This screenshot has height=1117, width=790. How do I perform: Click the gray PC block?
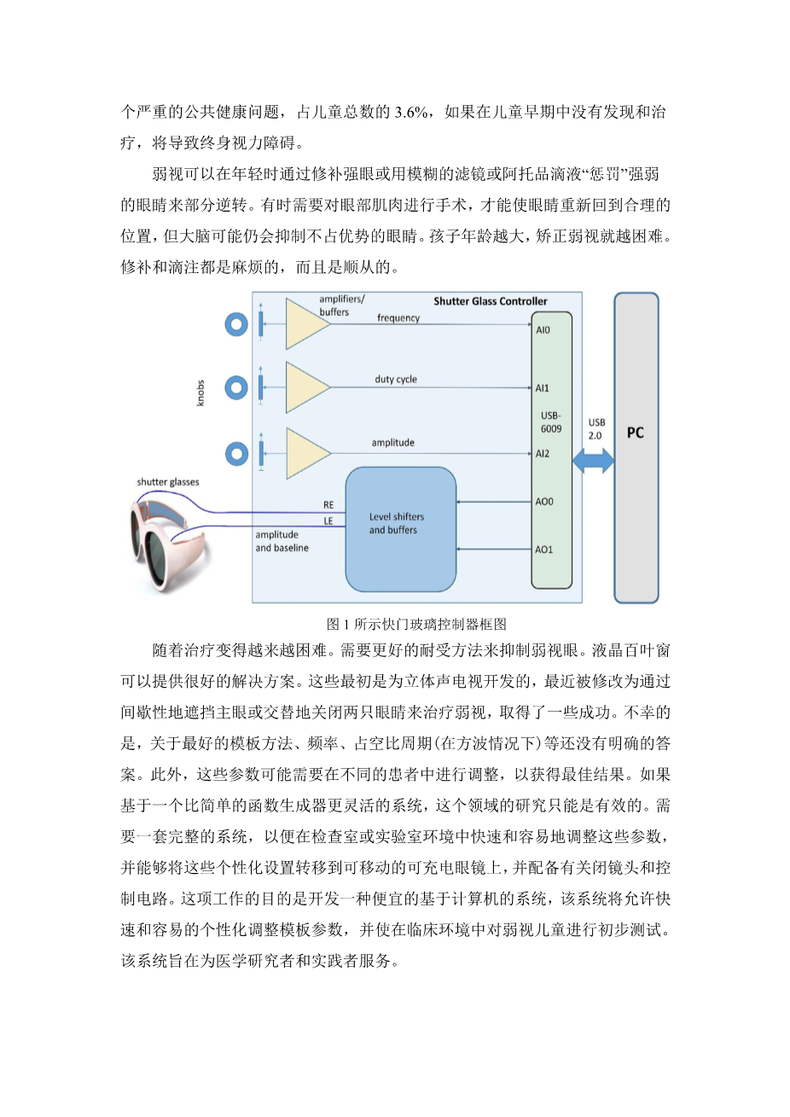(x=636, y=448)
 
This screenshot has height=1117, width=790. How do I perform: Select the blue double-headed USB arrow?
(x=593, y=461)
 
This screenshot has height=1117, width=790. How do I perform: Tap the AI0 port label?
(x=543, y=330)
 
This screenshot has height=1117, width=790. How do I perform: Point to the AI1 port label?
(x=543, y=388)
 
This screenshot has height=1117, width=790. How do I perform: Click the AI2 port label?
(x=543, y=454)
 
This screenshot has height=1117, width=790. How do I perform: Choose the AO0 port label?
(x=543, y=502)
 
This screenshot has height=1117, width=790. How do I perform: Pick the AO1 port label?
(x=543, y=550)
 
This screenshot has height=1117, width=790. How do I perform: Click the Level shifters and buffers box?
(x=400, y=529)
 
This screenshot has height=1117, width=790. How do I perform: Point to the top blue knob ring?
(x=236, y=324)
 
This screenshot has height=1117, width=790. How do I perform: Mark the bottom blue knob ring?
(x=236, y=453)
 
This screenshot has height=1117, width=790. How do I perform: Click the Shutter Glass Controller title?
(x=491, y=301)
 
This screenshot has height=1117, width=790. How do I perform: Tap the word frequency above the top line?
(x=398, y=318)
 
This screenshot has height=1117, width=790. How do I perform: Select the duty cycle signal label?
(x=396, y=380)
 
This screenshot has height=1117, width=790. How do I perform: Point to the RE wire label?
(x=328, y=505)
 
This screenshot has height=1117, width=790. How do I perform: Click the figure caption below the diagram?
(x=416, y=624)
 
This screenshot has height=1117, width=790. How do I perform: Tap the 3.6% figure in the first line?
(x=413, y=112)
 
